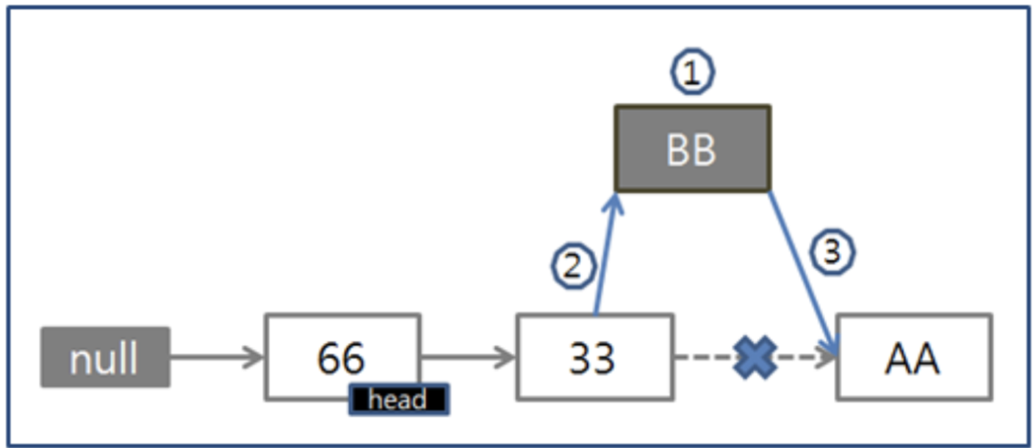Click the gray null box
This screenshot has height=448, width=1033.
pyautogui.click(x=105, y=358)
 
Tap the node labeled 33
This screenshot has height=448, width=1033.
pyautogui.click(x=594, y=358)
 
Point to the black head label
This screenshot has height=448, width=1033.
pyautogui.click(x=398, y=400)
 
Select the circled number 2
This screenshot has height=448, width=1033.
pyautogui.click(x=573, y=267)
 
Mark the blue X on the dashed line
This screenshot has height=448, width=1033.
pyautogui.click(x=755, y=358)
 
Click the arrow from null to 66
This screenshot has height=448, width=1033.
pyautogui.click(x=217, y=358)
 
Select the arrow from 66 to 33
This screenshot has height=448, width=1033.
pyautogui.click(x=468, y=358)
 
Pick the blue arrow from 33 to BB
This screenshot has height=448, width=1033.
pyautogui.click(x=604, y=257)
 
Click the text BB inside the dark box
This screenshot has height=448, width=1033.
pyautogui.click(x=691, y=150)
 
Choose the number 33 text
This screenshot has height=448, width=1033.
pyautogui.click(x=592, y=358)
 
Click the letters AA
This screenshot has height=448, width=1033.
pyautogui.click(x=913, y=359)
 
